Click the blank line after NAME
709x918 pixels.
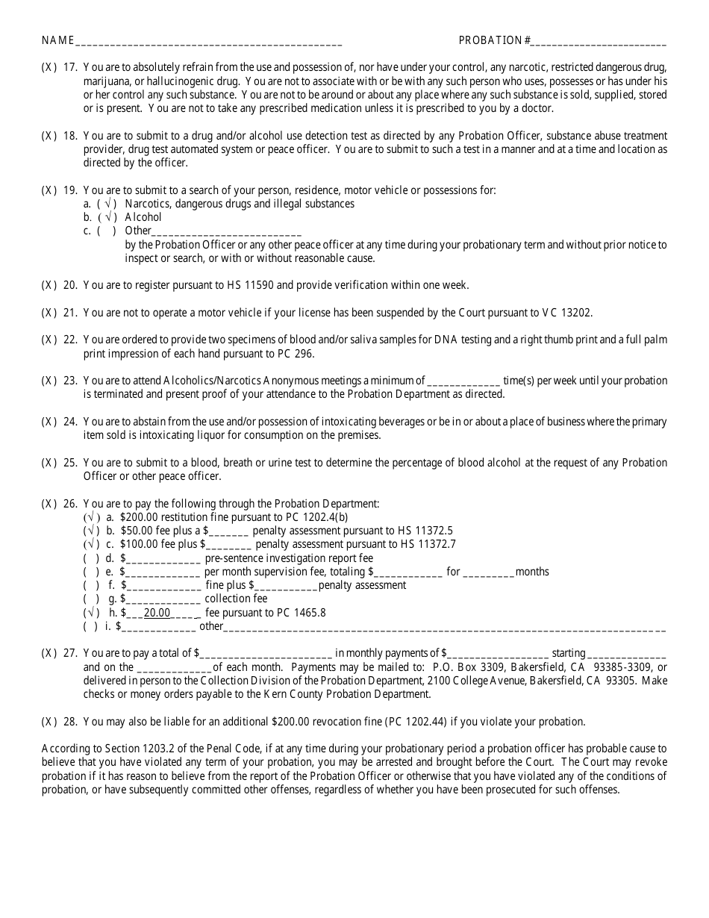(x=209, y=42)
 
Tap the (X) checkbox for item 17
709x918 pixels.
(x=49, y=67)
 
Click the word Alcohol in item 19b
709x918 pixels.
(x=143, y=217)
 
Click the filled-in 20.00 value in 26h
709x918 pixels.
(x=157, y=613)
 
